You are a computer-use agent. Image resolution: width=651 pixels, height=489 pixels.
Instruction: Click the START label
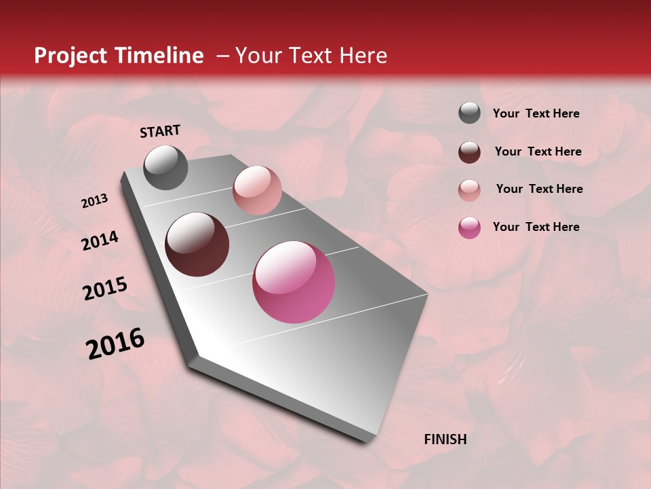click(160, 131)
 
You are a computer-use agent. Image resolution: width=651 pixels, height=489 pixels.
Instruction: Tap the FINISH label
click(445, 439)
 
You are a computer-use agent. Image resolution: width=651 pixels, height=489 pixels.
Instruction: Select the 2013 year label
click(94, 201)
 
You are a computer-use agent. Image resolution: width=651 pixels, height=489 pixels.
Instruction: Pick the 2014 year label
click(100, 241)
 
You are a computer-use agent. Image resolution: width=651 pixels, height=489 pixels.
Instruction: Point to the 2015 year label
click(104, 289)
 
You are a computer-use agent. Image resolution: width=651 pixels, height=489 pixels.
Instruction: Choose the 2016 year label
click(115, 344)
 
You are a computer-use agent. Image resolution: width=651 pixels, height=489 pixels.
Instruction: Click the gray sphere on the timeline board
click(165, 167)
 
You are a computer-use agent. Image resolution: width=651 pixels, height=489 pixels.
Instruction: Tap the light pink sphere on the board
click(257, 190)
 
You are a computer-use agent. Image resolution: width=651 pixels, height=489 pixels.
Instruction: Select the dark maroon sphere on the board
click(197, 244)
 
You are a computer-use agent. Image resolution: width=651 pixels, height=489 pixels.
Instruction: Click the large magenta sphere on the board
click(294, 282)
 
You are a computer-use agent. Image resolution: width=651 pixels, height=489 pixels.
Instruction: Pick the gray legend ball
click(469, 113)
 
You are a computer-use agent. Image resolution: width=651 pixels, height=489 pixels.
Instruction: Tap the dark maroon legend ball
click(469, 152)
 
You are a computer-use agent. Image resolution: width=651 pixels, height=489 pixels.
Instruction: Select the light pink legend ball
click(469, 190)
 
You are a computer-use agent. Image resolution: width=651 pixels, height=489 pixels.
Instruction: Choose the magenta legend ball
click(469, 228)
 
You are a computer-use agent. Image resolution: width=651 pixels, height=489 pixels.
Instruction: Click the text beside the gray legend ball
click(536, 114)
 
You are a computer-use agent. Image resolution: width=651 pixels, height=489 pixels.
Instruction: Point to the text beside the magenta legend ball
click(536, 227)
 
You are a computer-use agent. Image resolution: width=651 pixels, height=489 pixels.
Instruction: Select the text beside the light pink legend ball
click(539, 189)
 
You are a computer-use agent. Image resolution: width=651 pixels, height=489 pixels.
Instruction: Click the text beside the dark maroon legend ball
click(538, 151)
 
